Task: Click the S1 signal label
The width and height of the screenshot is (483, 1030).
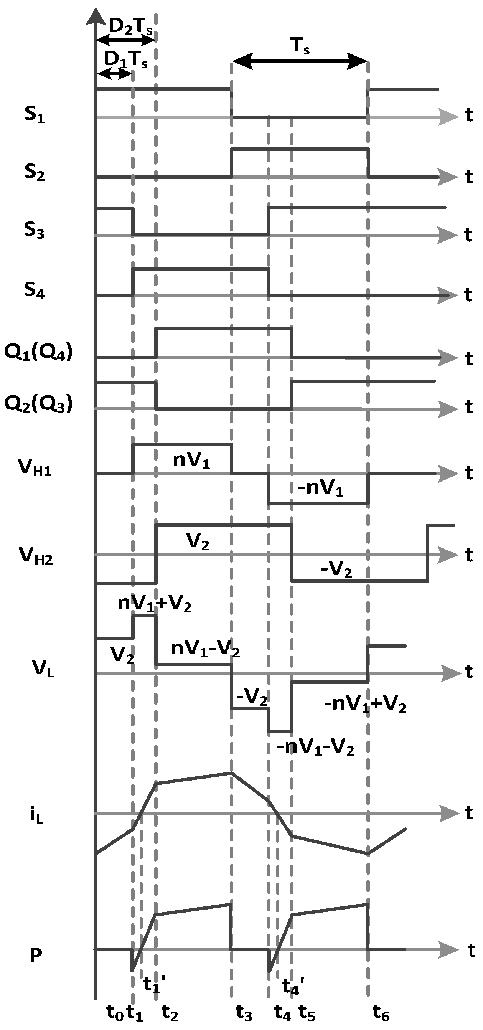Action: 35,115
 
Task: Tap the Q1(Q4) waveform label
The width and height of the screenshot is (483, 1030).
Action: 38,352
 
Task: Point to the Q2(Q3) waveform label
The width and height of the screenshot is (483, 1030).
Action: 38,404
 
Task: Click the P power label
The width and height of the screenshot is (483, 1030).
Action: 36,956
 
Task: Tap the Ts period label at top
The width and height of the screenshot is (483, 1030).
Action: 300,46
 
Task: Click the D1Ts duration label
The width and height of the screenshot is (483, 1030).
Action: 125,60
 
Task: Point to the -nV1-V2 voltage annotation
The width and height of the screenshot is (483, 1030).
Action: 315,747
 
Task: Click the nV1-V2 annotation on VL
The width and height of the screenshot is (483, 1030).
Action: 205,649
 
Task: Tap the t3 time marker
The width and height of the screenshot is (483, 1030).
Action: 244,1012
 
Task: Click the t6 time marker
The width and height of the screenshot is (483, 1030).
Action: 381,1012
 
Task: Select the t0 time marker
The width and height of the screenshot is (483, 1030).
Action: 115,1012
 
